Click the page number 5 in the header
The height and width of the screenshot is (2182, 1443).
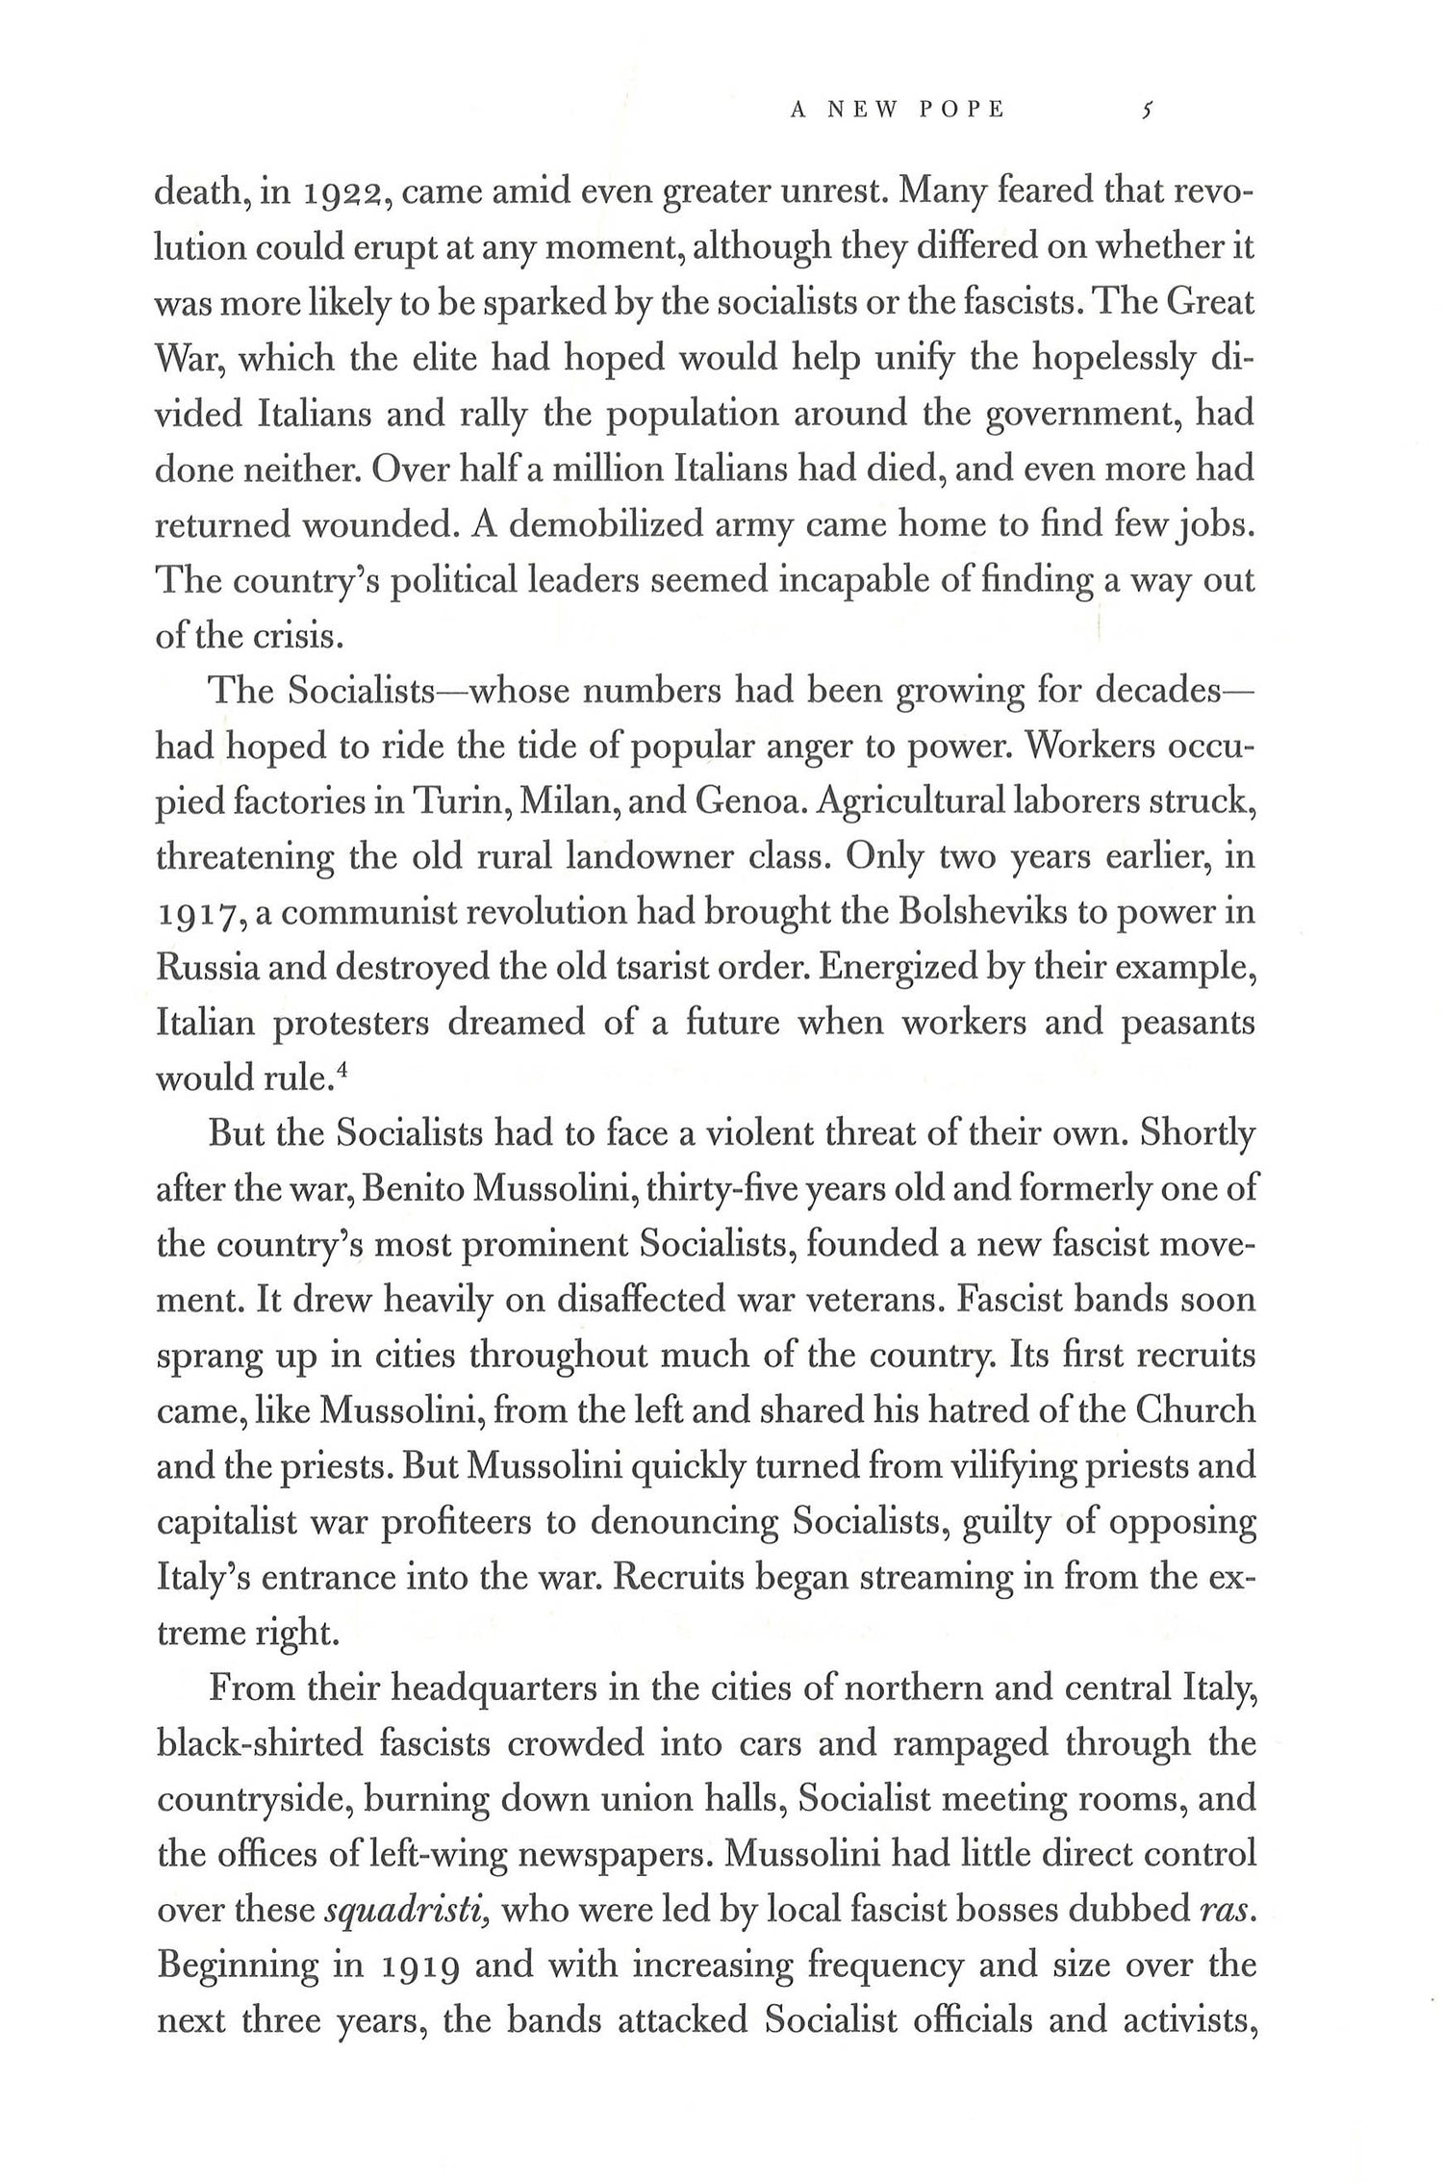[1145, 111]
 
